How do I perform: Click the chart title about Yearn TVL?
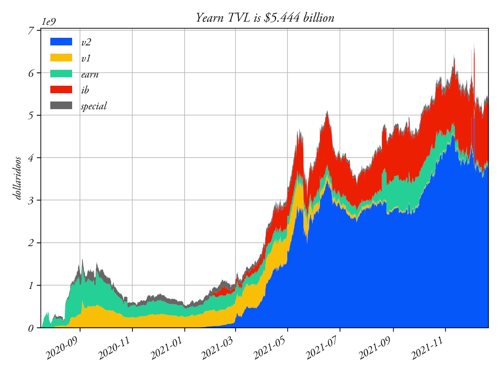(x=265, y=17)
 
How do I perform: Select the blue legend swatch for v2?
(x=61, y=42)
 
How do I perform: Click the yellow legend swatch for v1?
(x=61, y=57)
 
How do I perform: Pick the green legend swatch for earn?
(x=61, y=74)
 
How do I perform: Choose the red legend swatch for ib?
(x=61, y=89)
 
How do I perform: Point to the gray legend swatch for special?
(x=61, y=105)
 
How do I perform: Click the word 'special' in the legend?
(x=94, y=106)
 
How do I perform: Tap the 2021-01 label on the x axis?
(x=166, y=348)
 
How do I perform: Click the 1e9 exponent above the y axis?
(x=49, y=22)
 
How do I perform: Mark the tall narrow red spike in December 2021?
(x=474, y=71)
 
